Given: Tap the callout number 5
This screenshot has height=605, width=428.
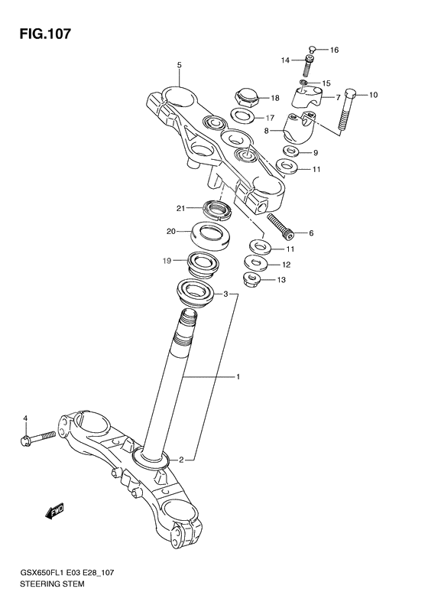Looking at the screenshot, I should pyautogui.click(x=179, y=65).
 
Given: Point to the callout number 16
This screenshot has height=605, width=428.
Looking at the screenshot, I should pyautogui.click(x=333, y=50).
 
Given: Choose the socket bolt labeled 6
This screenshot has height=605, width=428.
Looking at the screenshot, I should pyautogui.click(x=280, y=227).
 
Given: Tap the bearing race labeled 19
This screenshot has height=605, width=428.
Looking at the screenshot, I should pyautogui.click(x=206, y=265).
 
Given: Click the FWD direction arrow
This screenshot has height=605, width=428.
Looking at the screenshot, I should pyautogui.click(x=55, y=510).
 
